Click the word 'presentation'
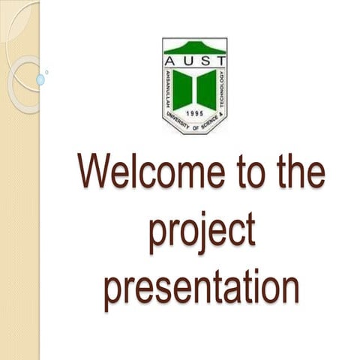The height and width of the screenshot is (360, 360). click(202, 289)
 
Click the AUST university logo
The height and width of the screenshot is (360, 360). click(195, 86)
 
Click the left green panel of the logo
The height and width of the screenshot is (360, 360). click(182, 88)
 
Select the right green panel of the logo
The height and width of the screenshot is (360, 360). click(207, 88)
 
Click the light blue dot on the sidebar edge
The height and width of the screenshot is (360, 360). click(40, 79)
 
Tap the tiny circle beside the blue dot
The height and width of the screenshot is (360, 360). click(46, 72)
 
